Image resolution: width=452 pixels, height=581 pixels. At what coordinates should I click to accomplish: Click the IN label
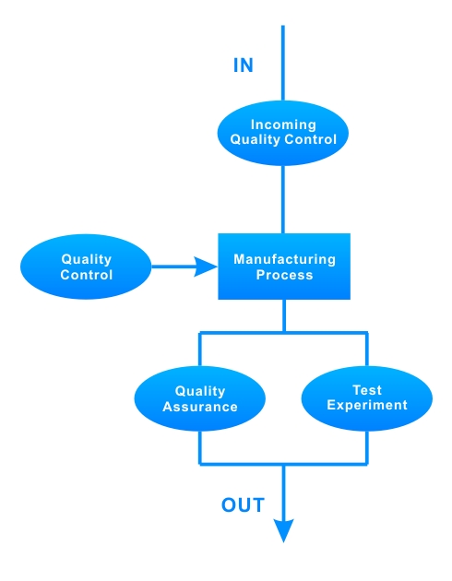pos(243,65)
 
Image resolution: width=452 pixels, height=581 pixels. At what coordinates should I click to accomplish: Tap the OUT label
pos(243,504)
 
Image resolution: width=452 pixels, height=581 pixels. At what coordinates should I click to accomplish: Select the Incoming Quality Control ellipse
pos(283,133)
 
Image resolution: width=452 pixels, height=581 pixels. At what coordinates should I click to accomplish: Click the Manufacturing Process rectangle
pos(284,267)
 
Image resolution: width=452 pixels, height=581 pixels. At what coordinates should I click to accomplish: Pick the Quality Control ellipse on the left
pos(86,267)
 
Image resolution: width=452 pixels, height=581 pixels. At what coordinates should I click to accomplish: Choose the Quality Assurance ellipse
pos(200,398)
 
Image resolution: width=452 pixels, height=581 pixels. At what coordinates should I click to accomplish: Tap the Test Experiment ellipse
pos(367,398)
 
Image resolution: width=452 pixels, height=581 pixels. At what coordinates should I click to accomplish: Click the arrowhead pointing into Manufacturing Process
pos(206,267)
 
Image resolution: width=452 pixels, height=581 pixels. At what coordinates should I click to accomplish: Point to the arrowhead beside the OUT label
pos(284,530)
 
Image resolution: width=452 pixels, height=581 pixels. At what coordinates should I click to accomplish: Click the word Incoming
pos(283,125)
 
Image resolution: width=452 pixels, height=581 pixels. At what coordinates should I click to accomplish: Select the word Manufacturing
pos(284,259)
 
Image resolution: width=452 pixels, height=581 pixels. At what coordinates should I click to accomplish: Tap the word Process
pos(284,275)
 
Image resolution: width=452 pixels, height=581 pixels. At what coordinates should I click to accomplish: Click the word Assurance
pos(200,407)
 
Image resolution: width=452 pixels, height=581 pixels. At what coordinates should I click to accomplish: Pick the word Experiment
pos(367,405)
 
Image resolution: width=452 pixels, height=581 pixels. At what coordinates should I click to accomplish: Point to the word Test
pos(367,390)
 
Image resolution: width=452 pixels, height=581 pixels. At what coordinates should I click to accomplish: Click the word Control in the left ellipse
pos(87,275)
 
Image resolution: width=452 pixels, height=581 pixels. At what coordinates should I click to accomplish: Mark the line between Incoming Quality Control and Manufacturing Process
pos(283,199)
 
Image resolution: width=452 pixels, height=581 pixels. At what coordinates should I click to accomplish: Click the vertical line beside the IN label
pos(283,63)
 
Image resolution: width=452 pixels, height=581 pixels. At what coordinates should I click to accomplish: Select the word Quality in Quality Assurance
pos(200,391)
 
